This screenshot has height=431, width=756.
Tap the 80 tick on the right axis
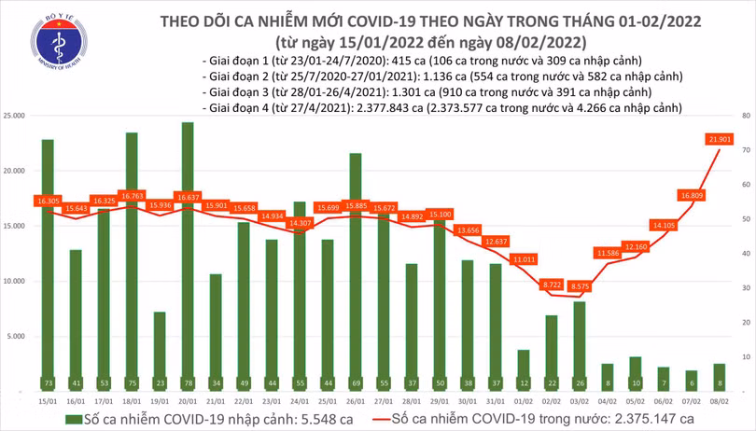pos(746,116)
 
